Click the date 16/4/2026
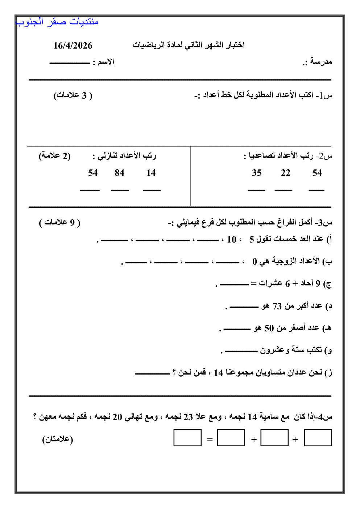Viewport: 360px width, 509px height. (x=73, y=46)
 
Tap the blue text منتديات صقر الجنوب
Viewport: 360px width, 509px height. (x=58, y=22)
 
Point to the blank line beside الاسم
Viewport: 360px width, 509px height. (x=69, y=63)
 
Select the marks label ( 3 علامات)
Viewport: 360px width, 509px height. (x=73, y=95)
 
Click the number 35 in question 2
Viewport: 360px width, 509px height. (x=257, y=173)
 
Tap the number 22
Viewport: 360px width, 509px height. (x=286, y=173)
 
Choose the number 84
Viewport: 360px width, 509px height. (x=119, y=173)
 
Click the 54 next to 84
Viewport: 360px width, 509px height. (x=93, y=173)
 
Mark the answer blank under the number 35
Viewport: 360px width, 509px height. (x=257, y=190)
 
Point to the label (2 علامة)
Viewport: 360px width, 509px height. (x=55, y=156)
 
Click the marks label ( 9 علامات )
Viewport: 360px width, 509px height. (x=60, y=222)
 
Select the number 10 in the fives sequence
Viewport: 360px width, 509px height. (x=231, y=239)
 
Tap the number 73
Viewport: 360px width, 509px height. (x=277, y=306)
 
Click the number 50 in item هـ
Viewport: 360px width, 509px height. (x=269, y=328)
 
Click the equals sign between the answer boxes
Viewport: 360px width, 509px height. (x=210, y=439)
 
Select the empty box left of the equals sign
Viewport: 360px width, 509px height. (x=187, y=438)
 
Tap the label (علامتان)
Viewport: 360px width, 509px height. (x=58, y=439)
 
